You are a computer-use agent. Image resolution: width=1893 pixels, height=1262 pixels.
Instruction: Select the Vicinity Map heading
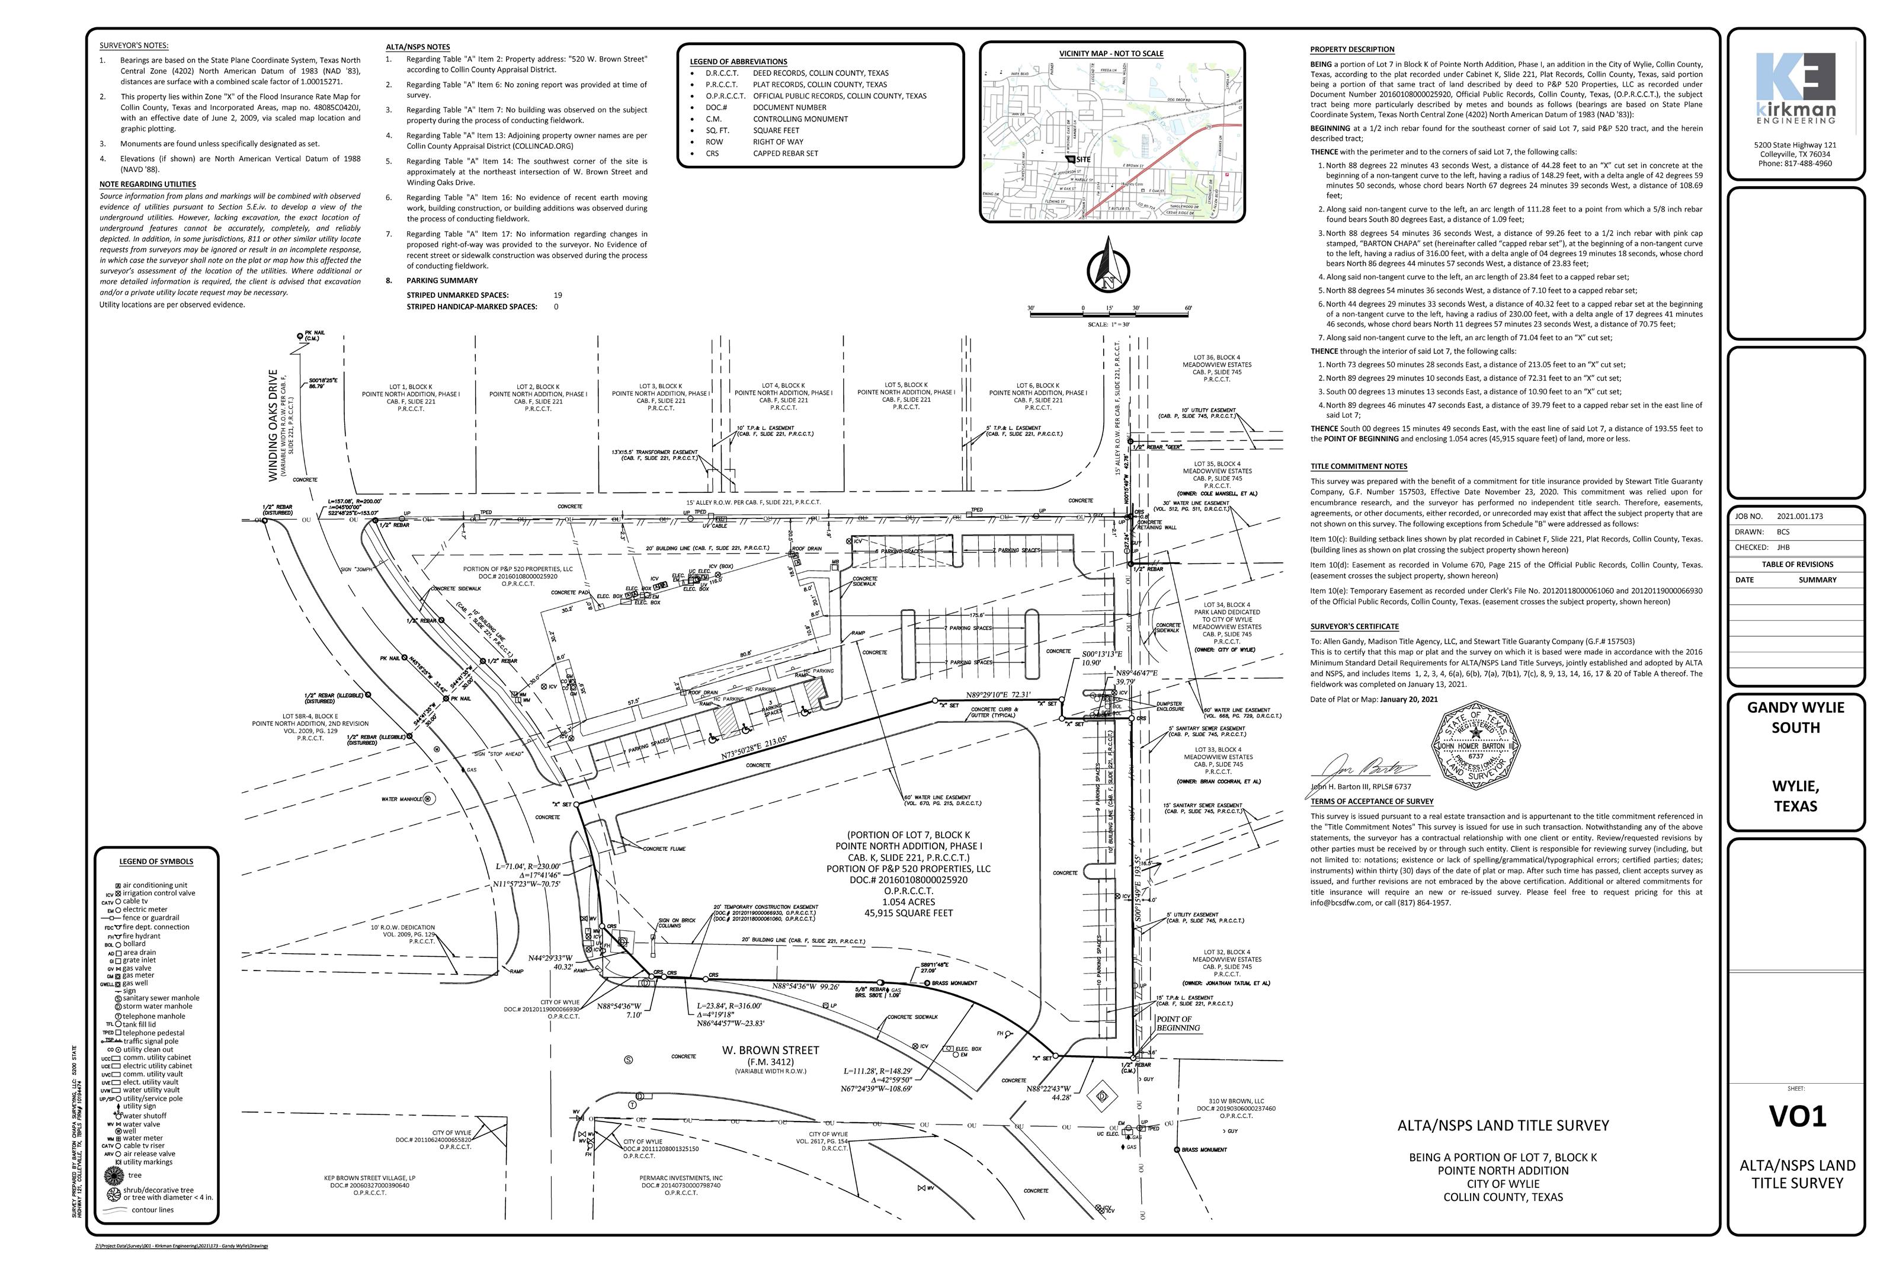pyautogui.click(x=1111, y=54)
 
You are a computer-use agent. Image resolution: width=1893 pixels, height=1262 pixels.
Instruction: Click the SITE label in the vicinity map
pyautogui.click(x=1082, y=159)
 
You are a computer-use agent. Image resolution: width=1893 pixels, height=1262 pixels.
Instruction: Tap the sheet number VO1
pyautogui.click(x=1796, y=1116)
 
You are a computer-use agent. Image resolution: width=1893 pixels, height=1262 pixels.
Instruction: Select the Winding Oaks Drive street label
pyautogui.click(x=274, y=426)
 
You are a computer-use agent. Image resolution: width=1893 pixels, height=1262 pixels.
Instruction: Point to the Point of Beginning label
pyautogui.click(x=1177, y=1023)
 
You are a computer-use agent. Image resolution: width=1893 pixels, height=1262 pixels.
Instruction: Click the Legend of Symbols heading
pyautogui.click(x=156, y=861)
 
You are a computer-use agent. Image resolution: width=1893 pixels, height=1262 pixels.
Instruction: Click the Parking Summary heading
pyautogui.click(x=442, y=281)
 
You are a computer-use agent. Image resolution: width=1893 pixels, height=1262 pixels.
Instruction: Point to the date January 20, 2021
pyautogui.click(x=1408, y=699)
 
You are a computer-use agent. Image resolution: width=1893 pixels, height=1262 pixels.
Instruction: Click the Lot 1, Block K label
pyautogui.click(x=411, y=386)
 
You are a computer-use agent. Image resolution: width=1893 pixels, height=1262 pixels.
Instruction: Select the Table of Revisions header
pyautogui.click(x=1796, y=564)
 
